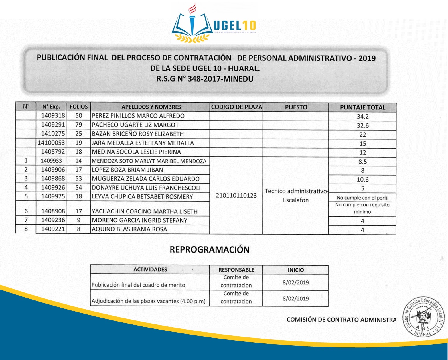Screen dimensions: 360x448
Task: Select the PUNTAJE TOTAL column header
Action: tap(362, 107)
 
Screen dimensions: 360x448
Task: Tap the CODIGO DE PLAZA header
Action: tap(236, 107)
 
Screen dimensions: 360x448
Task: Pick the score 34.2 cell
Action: tap(362, 117)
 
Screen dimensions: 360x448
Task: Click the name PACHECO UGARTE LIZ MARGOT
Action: tap(135, 125)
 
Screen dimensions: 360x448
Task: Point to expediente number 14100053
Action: tap(51, 143)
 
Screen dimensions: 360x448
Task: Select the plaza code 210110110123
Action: tap(236, 196)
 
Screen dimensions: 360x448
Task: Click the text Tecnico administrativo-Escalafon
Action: tap(296, 196)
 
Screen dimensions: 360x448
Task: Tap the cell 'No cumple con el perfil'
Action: tap(362, 198)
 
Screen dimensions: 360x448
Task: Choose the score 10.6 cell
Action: tap(362, 180)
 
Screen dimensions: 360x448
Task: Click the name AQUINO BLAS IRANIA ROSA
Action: tap(129, 229)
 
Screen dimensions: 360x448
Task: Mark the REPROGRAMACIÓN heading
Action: tap(209, 250)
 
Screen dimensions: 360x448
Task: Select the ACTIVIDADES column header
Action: tap(150, 270)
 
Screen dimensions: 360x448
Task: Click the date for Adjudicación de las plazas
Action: tap(295, 299)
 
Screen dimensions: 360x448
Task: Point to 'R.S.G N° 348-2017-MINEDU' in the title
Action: tap(205, 79)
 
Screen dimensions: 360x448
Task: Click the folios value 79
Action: tap(78, 125)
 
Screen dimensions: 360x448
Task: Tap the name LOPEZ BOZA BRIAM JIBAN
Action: tap(127, 170)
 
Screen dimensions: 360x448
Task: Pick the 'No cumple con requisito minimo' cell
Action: tap(362, 208)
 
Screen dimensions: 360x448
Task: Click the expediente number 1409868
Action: tap(53, 178)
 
